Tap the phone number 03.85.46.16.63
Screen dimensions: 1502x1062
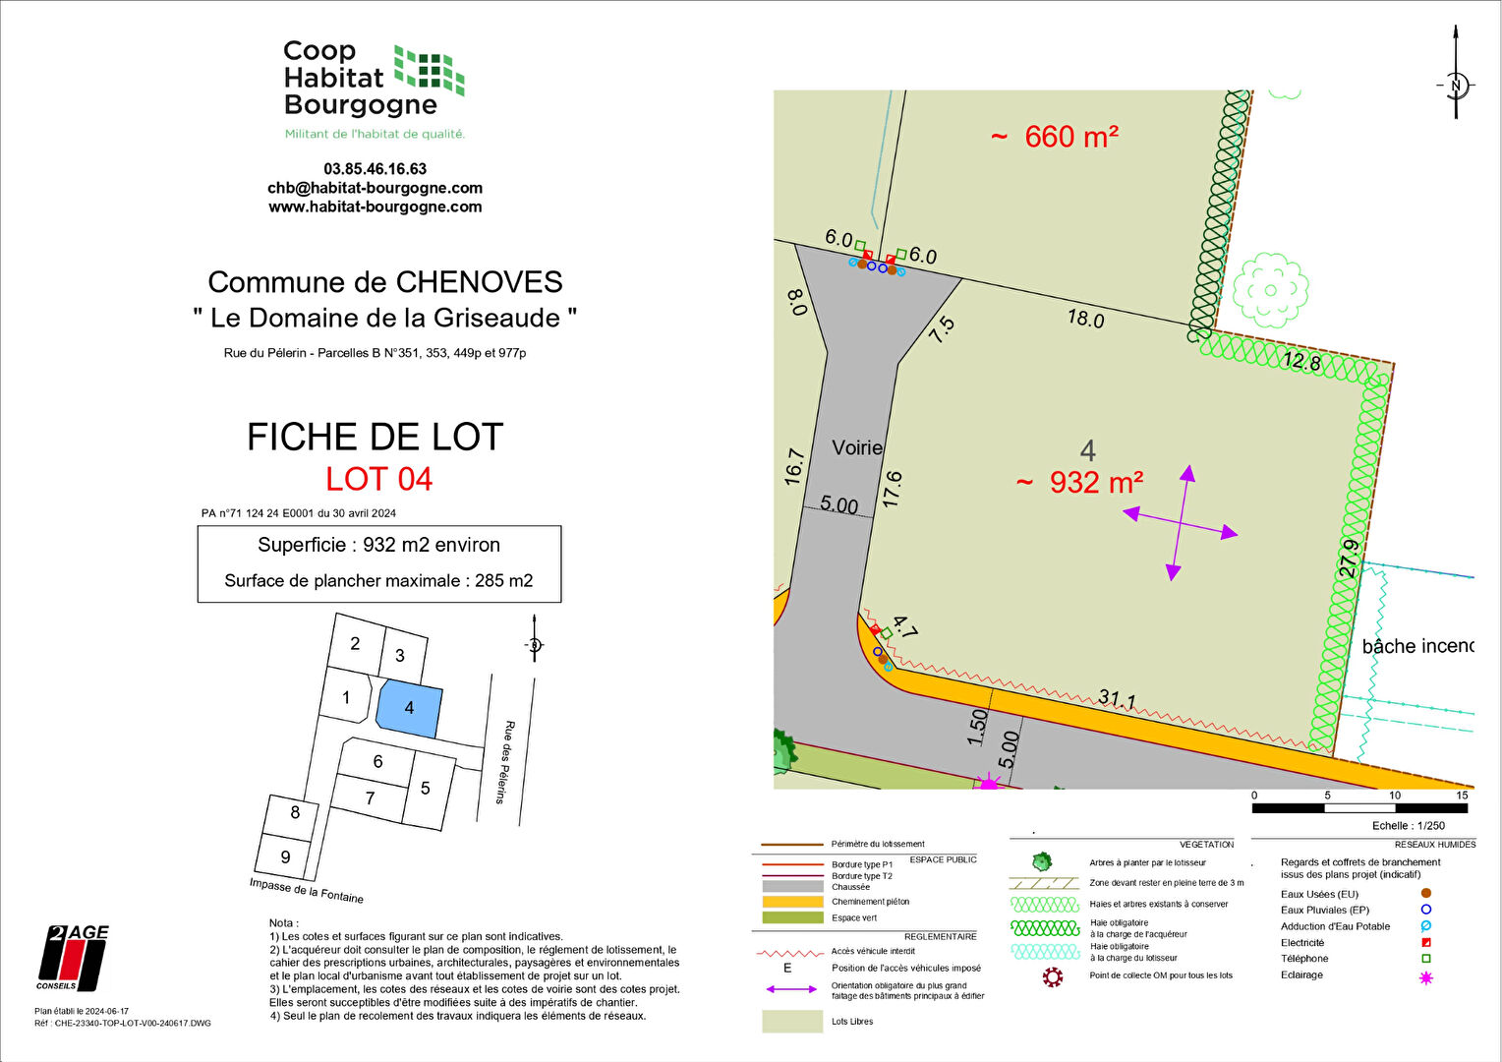375,169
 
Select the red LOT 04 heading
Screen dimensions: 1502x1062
379,479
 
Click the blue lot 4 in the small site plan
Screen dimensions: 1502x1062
409,708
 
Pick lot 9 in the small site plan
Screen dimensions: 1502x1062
285,856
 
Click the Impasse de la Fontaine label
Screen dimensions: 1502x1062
307,890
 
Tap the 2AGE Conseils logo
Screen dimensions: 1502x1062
74,958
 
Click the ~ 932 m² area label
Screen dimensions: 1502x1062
1079,483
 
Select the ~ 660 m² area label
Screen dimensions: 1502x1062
1055,137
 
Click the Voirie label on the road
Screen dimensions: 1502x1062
857,448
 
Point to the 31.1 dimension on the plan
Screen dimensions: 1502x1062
1117,700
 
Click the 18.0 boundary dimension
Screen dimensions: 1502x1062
1085,319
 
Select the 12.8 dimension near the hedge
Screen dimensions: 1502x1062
1301,361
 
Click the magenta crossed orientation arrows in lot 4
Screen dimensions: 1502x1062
1180,523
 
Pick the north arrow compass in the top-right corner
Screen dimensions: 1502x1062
1456,84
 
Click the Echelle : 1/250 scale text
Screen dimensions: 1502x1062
1409,826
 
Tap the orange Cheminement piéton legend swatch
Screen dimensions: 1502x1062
792,902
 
